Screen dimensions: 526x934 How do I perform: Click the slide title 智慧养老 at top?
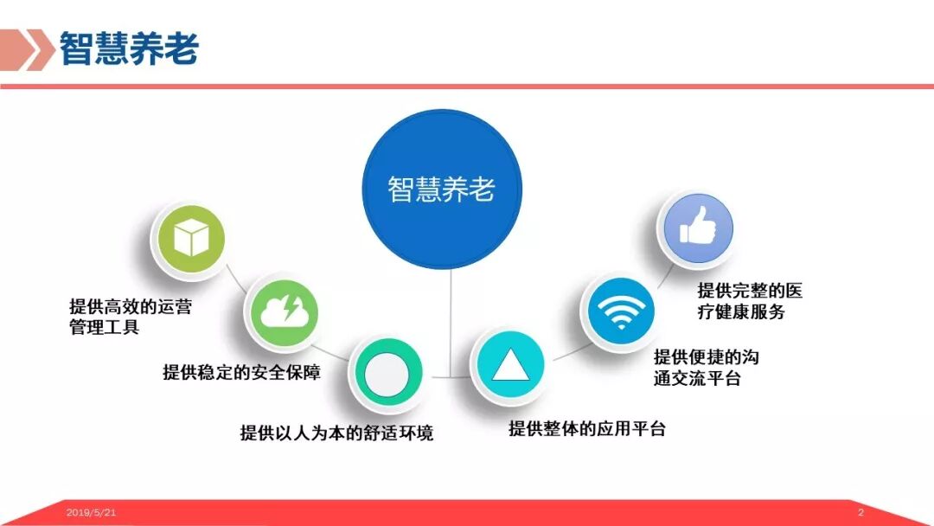tap(129, 49)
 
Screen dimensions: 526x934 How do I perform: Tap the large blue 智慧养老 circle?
tap(441, 189)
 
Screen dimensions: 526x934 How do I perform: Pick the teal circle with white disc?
tap(385, 375)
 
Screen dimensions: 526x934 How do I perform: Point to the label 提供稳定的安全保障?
tap(242, 373)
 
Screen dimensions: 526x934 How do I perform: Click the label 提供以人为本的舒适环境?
tap(336, 433)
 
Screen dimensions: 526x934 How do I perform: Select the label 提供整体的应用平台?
tap(587, 428)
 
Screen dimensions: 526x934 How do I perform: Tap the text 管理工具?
tap(104, 328)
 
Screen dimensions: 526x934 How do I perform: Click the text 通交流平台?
tap(697, 378)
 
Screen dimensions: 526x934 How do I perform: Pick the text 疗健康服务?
tap(741, 312)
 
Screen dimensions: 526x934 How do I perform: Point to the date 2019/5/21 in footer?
tap(91, 513)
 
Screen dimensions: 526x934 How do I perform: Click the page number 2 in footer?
tap(860, 513)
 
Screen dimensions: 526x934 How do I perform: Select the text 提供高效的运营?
tap(130, 306)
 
